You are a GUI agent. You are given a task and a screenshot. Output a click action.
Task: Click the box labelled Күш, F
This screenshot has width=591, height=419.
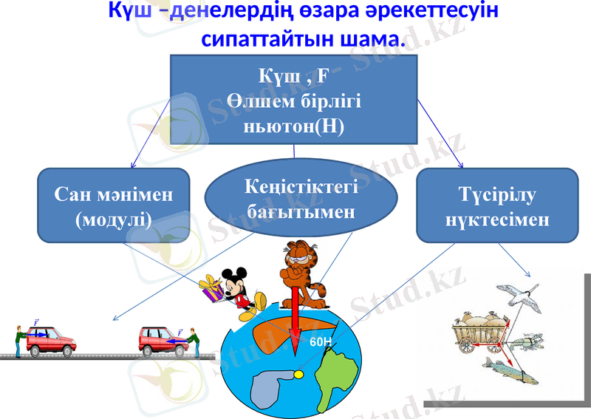point(294,100)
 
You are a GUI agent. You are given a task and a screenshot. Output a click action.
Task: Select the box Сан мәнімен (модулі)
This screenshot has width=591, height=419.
point(113,205)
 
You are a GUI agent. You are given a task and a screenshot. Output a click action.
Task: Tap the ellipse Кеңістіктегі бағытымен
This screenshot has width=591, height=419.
point(301,198)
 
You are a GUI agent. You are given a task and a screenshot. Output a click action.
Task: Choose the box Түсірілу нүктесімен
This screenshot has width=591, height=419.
point(496,206)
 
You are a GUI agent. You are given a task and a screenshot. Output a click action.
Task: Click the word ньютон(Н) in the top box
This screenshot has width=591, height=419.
point(294,126)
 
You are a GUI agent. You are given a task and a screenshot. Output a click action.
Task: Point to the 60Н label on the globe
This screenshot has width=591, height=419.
point(321,342)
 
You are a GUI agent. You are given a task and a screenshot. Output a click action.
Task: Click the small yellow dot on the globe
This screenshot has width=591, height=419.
point(298,375)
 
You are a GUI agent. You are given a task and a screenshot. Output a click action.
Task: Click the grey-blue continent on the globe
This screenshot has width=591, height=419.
point(269,388)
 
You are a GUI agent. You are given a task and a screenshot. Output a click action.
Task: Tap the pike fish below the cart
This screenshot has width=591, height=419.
point(509,369)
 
